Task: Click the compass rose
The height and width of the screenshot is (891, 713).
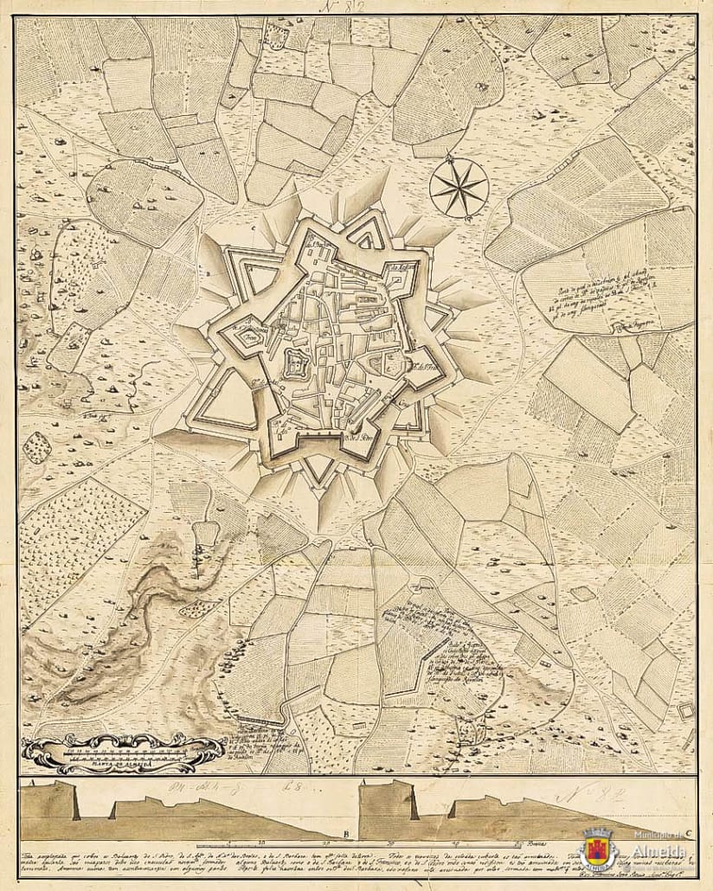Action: (459, 187)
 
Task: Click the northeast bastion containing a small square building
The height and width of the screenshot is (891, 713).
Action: (401, 273)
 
